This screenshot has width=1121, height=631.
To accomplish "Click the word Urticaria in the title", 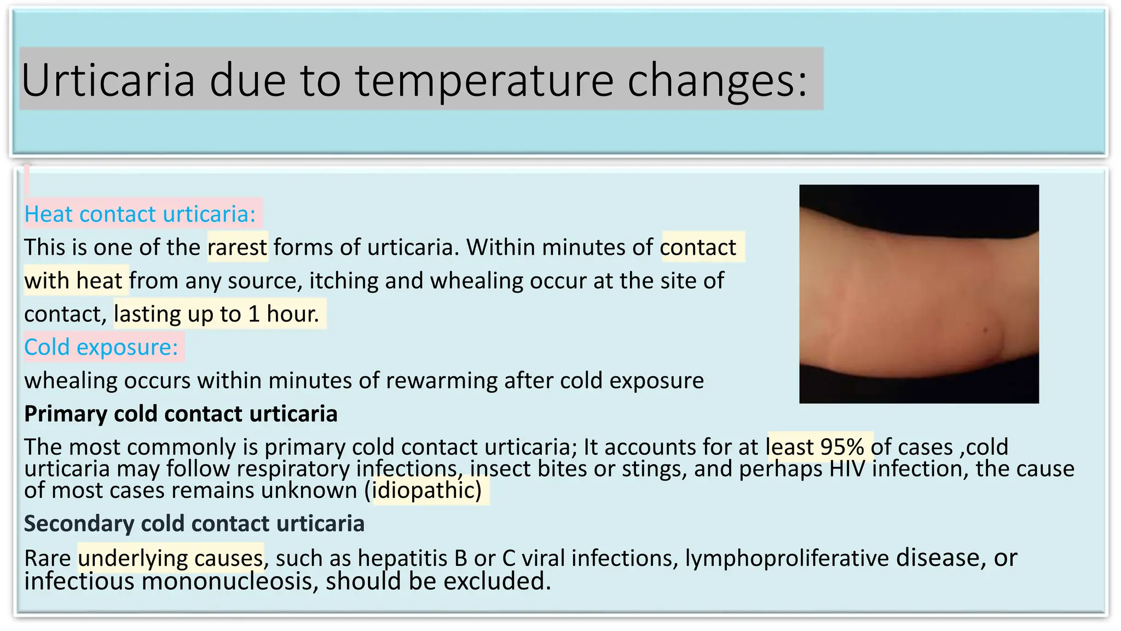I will (x=108, y=80).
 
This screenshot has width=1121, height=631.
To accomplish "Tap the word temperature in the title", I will (x=484, y=80).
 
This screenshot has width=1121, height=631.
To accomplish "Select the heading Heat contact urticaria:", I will (x=140, y=214).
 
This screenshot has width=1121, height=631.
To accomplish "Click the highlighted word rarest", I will (x=238, y=248).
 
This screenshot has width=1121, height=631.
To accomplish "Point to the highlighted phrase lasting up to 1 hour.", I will (x=217, y=314).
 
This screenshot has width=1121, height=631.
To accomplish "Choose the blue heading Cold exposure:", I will (x=101, y=347).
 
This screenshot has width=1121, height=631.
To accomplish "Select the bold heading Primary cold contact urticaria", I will (x=181, y=414).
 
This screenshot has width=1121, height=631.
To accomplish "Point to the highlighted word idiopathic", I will (x=426, y=490).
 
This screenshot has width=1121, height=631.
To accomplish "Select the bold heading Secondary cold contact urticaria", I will (x=194, y=524).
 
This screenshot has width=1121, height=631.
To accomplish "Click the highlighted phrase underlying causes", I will (x=171, y=558).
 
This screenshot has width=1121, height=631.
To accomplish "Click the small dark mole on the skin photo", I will (x=986, y=330).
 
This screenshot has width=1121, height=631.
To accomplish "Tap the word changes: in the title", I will (x=717, y=80).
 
